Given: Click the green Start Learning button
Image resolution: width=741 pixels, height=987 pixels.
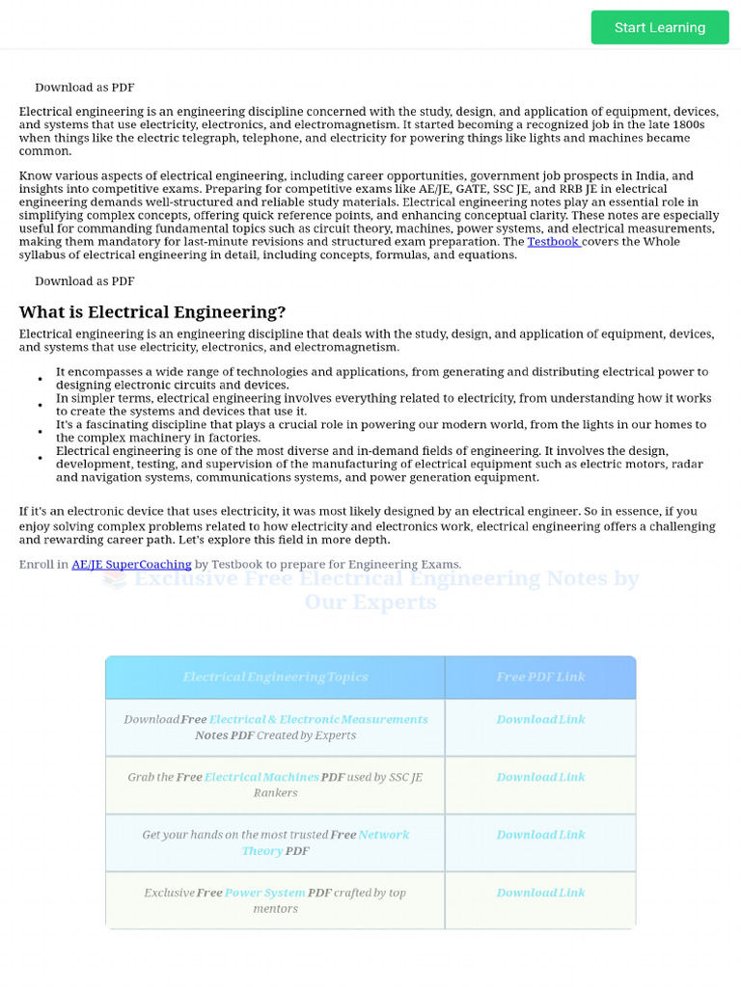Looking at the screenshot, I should [660, 27].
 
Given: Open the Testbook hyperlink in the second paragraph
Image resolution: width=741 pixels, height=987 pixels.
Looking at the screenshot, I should [553, 242].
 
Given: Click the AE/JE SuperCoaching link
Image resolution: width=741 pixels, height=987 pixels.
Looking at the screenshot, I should [131, 565].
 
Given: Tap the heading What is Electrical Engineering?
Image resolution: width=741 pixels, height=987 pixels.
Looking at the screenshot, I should [152, 312].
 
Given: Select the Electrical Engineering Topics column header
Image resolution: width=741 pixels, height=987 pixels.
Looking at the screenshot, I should [275, 678].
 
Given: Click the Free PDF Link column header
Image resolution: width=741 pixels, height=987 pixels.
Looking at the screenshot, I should [540, 678].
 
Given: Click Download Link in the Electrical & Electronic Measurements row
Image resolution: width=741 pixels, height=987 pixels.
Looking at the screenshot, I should [540, 720].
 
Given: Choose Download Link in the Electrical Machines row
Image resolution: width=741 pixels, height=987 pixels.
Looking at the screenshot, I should [540, 778].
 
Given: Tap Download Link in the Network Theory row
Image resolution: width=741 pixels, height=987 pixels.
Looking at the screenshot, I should [540, 836].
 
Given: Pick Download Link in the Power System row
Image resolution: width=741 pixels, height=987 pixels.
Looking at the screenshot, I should [540, 894].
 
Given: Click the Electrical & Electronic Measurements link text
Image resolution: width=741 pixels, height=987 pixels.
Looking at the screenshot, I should [318, 720].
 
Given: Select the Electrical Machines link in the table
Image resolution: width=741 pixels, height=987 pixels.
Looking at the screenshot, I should [261, 778].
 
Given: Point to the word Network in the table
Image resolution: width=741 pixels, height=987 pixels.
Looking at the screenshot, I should [384, 836].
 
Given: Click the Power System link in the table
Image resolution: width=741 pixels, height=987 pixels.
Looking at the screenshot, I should [264, 894].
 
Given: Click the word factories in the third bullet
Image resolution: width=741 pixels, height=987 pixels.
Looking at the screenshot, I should [234, 438].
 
